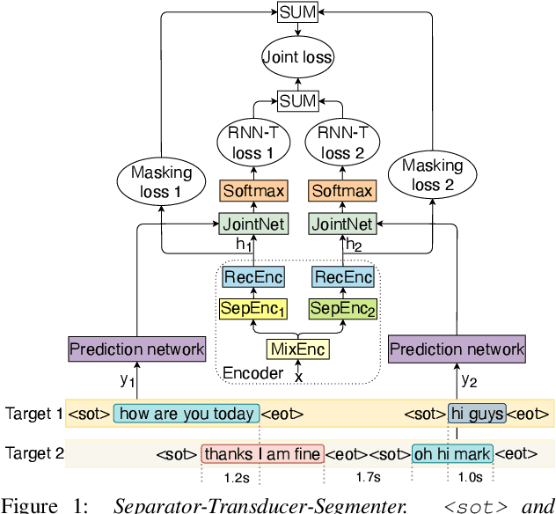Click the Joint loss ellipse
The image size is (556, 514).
297,58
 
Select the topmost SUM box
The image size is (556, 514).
297,13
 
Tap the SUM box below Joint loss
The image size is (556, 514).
297,102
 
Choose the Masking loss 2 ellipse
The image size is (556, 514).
433,174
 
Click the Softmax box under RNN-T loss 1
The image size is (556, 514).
253,190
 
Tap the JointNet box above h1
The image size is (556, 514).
253,224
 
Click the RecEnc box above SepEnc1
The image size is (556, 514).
253,278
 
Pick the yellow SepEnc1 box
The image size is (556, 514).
253,309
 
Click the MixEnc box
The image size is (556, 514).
297,349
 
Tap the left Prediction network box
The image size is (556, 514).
136,349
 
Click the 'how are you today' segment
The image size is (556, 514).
187,413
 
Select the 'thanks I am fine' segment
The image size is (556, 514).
262,453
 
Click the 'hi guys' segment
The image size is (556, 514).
477,413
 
